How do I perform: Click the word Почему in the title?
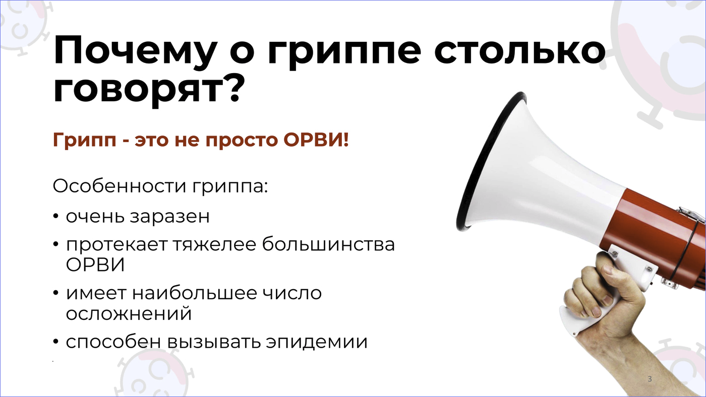click(x=136, y=51)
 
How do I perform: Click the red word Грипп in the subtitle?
click(x=85, y=141)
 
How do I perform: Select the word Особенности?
click(x=120, y=186)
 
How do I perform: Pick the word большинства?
click(x=328, y=244)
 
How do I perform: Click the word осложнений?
click(x=129, y=313)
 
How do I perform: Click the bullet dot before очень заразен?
click(x=56, y=217)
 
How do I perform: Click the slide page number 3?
click(x=650, y=379)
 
